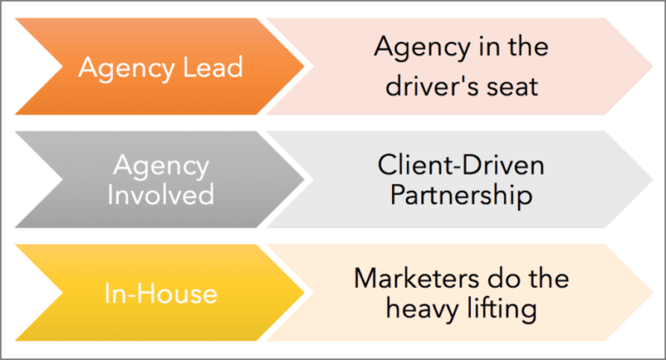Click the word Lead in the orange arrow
pos(213,68)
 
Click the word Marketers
pos(418,278)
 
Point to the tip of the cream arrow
pos(653,292)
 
